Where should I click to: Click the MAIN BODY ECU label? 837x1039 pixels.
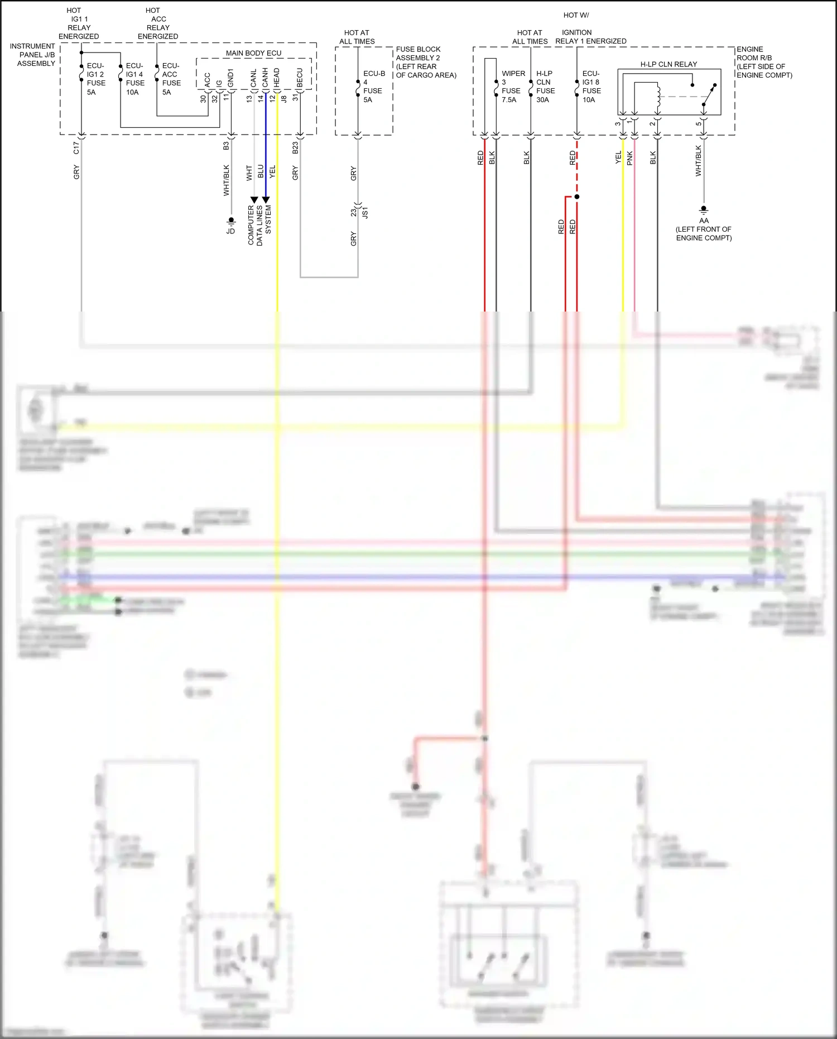coord(253,53)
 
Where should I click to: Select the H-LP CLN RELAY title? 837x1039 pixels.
coord(668,64)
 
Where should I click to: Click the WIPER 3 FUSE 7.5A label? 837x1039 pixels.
coord(512,87)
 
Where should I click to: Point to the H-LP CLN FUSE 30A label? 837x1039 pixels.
coord(545,87)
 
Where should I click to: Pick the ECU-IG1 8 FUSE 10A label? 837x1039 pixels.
coord(591,87)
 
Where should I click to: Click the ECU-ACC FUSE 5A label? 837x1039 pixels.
coord(171,79)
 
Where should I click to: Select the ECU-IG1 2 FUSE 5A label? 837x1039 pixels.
coord(95,79)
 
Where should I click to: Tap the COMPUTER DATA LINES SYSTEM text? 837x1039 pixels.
coord(259,226)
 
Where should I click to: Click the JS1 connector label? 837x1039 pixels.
coord(365,213)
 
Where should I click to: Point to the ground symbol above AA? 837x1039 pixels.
coord(704,210)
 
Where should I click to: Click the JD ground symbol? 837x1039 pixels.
coord(231,222)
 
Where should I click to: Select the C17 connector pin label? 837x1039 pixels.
coord(76,147)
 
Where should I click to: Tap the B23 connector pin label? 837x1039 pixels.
coord(295,147)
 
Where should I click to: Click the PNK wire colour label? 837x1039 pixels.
coord(629,158)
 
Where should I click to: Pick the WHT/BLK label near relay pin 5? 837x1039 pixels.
coord(698,161)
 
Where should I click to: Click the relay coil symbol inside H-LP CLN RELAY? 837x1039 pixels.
coord(658,96)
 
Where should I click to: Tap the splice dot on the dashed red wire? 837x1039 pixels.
coord(577,197)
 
